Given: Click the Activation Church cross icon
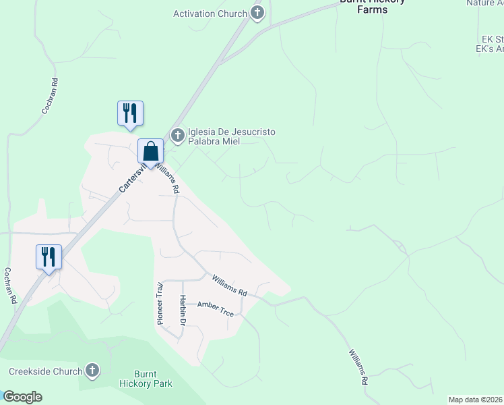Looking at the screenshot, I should (257, 13).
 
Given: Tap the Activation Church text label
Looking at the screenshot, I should (210, 13).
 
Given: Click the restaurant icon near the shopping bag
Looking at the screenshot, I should (130, 113).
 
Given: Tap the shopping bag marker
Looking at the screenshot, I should (150, 152).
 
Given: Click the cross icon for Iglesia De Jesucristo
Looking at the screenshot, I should (178, 136).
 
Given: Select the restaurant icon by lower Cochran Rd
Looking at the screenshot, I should (49, 257).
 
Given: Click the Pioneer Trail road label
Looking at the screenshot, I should (160, 304).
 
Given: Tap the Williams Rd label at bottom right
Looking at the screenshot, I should (358, 367).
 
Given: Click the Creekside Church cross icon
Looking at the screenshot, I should (92, 371).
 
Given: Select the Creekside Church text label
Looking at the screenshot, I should (45, 371).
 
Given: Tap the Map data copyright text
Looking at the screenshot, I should (475, 400).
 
